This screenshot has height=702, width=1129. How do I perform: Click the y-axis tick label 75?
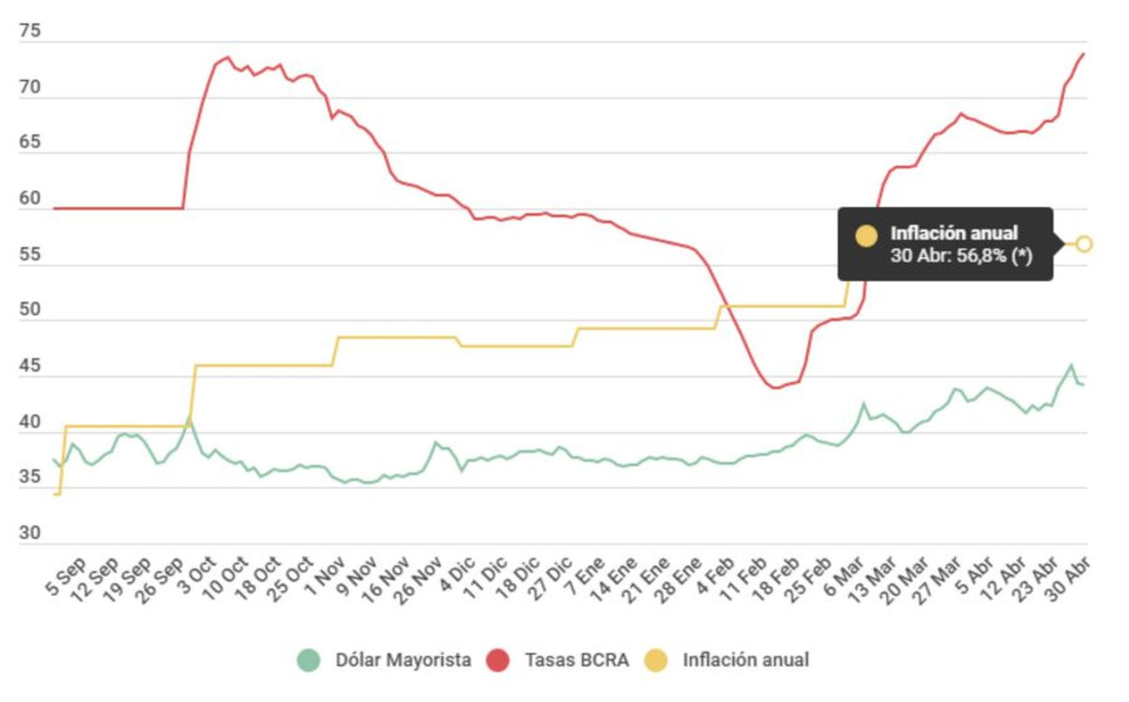pos(30,31)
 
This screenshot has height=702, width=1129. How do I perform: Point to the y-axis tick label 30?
pos(30,533)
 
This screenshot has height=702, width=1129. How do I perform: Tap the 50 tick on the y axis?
pos(30,310)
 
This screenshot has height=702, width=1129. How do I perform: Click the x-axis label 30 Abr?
pos(1070,579)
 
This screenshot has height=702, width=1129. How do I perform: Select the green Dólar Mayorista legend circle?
pos(309,660)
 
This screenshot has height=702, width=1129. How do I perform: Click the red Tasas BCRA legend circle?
pos(497,660)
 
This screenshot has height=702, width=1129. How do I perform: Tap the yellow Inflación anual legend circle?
pos(656,660)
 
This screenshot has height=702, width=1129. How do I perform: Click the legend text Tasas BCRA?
pos(577,660)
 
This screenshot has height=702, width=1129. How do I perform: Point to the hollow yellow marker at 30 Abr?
pos(1084,244)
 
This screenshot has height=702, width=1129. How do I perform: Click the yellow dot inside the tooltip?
pos(866,235)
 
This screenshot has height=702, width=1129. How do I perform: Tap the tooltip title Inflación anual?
pos(954,233)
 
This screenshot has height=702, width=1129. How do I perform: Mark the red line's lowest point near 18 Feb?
pos(775,387)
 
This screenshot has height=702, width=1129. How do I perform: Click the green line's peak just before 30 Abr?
pos(1071,365)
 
